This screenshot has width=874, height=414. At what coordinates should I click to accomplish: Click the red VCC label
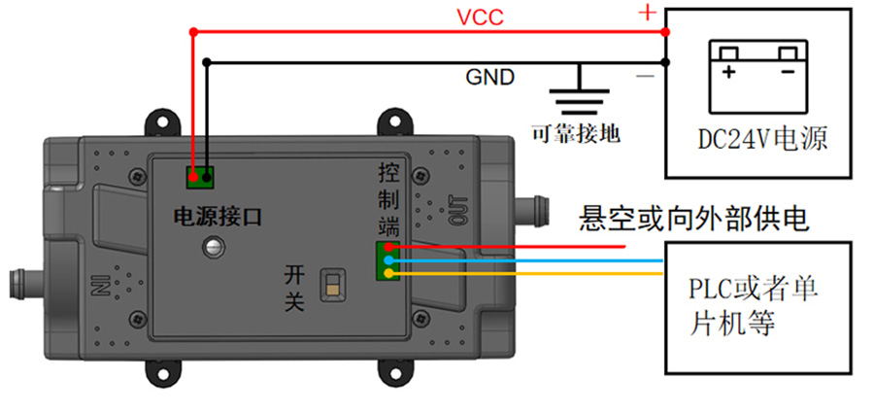click(x=480, y=17)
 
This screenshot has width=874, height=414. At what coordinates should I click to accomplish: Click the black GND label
click(x=490, y=77)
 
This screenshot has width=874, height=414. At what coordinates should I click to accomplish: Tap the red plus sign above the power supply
click(x=647, y=12)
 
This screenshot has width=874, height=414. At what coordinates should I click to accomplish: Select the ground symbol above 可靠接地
click(x=579, y=88)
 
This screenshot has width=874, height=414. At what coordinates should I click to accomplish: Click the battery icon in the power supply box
click(x=757, y=77)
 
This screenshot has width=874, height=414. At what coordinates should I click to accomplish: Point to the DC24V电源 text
click(x=762, y=138)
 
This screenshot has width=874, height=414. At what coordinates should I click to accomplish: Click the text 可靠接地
click(x=576, y=133)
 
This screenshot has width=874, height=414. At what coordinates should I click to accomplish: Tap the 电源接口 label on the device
click(x=218, y=216)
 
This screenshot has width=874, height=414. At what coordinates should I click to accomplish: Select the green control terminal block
click(x=387, y=260)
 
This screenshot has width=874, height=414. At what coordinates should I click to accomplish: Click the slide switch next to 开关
click(x=332, y=284)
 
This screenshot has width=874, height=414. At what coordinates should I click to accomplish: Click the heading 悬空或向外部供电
click(x=694, y=218)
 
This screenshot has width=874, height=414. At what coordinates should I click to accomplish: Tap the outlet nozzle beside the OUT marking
click(x=532, y=210)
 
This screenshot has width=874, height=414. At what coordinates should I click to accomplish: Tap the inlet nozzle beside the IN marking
click(x=26, y=283)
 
